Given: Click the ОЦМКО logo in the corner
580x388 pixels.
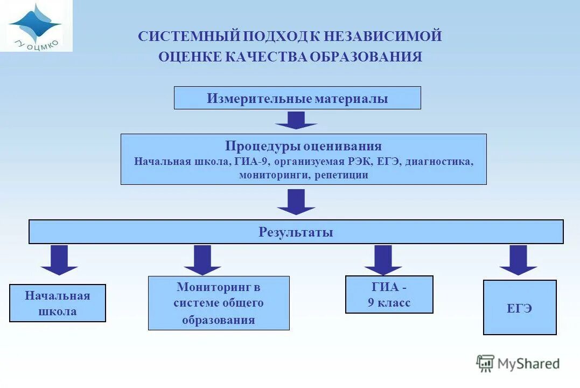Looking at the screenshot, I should [36, 25].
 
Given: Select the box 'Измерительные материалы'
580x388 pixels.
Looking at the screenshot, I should [297, 99].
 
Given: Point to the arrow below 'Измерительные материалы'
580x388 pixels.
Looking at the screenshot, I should [296, 120].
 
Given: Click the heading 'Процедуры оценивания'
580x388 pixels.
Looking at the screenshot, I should [303, 146].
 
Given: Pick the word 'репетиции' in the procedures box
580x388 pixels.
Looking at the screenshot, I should [342, 175].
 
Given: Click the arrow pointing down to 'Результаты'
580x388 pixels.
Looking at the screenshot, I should [296, 202].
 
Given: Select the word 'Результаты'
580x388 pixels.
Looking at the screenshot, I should [296, 232].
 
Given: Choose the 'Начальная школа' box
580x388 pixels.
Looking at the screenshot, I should [58, 303].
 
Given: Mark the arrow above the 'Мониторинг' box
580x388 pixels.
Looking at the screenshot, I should [202, 260].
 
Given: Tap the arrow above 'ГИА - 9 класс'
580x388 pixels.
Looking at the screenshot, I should [383, 260].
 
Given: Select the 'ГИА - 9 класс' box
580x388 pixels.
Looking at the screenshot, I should [389, 295].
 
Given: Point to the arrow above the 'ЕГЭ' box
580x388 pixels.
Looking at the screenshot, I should [518, 260].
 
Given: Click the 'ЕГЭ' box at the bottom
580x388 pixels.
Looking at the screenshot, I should [520, 308].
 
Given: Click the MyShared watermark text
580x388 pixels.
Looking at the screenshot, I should [528, 364].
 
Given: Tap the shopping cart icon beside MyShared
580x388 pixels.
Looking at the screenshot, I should [485, 363].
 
